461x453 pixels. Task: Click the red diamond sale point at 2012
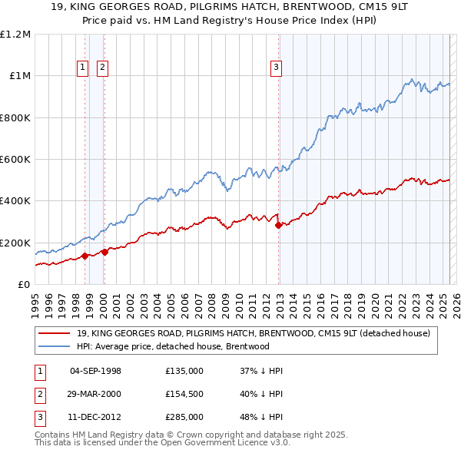coord(278,225)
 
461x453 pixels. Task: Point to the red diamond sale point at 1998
coord(85,256)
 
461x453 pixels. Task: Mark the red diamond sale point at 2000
coord(104,253)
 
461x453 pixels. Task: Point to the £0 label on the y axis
coord(23,285)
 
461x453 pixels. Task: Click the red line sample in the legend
coord(54,333)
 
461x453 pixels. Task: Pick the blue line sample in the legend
coord(54,346)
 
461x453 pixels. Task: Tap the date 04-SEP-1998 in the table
coord(95,372)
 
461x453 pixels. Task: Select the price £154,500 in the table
coord(184,395)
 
